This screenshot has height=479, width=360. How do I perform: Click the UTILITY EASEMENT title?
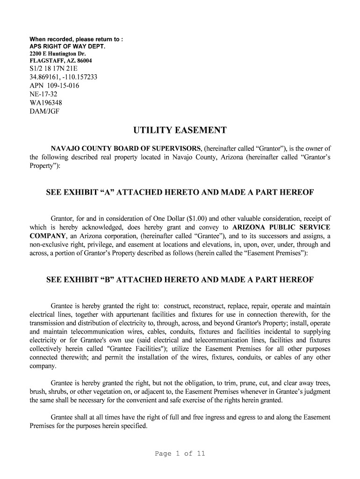tap(180, 130)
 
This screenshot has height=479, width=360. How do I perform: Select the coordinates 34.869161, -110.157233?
tap(64, 77)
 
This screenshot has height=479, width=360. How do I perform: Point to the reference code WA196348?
tap(46, 102)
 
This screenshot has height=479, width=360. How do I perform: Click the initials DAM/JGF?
tap(44, 111)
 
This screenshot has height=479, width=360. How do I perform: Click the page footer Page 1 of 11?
tap(180, 453)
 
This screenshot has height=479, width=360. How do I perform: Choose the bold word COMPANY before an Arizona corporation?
tap(47, 236)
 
